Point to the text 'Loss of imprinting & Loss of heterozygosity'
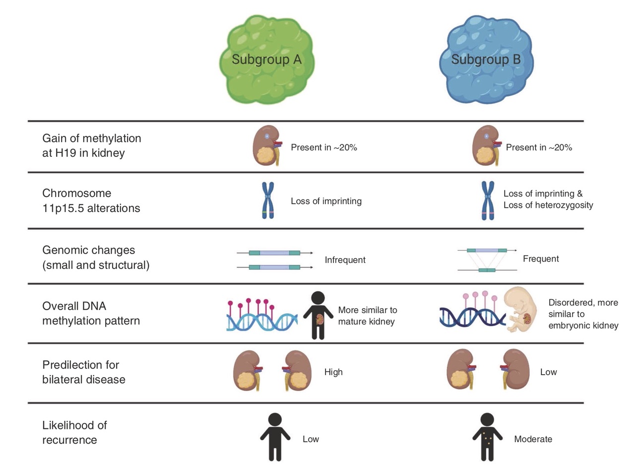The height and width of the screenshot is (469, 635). (548, 199)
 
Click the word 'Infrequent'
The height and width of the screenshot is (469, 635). (345, 260)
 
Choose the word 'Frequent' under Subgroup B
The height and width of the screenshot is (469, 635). (541, 259)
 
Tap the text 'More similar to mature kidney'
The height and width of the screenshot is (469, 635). (368, 316)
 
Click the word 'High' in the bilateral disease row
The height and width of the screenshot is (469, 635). (333, 372)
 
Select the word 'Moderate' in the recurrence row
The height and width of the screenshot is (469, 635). (533, 439)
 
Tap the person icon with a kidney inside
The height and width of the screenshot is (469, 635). (317, 315)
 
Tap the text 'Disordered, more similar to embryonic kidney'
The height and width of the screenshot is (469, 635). (583, 314)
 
